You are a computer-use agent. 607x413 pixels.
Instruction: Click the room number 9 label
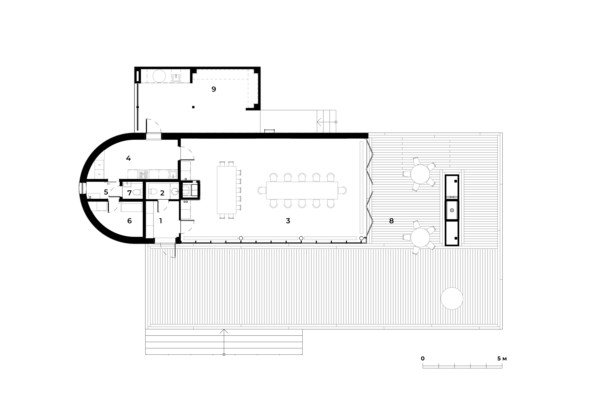214,89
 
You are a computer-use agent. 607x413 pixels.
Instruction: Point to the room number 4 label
128,158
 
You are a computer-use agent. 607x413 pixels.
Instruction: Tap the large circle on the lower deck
452,298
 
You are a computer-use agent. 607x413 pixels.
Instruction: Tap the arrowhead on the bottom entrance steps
224,331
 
